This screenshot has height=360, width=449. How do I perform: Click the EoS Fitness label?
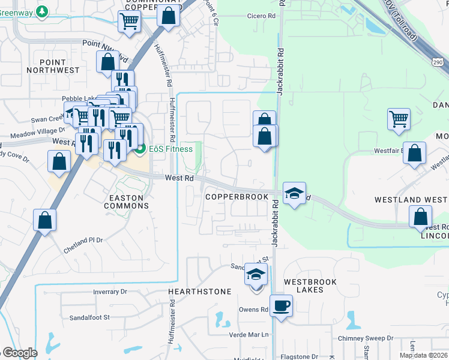click(x=170, y=149)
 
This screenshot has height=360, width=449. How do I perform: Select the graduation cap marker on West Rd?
click(x=294, y=194)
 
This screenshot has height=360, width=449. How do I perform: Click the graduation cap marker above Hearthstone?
click(x=256, y=275)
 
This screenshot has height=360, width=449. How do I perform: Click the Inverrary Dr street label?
click(x=110, y=292)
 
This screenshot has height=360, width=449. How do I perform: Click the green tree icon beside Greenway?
click(x=42, y=11)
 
